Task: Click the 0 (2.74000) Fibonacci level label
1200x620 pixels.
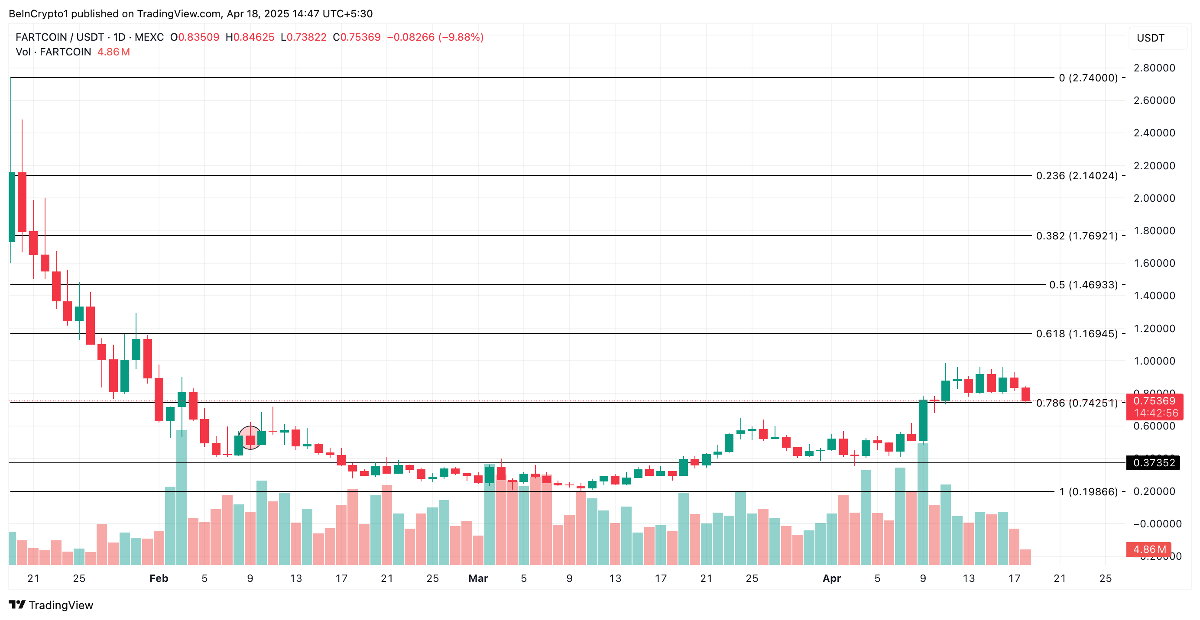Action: click(1088, 78)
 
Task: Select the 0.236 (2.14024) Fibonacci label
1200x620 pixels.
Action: click(1077, 175)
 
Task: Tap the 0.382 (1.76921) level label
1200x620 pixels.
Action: click(1077, 236)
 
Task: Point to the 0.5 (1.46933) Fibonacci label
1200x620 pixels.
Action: click(1083, 284)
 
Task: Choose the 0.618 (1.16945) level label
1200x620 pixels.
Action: click(1077, 333)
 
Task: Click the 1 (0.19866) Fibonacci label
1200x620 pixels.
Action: click(1088, 491)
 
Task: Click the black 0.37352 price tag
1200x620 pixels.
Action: click(1153, 463)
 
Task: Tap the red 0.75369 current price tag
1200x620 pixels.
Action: click(1155, 401)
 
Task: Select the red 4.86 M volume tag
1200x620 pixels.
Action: click(1149, 549)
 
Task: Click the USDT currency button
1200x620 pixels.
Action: click(1157, 38)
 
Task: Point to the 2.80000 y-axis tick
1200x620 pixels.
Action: click(1154, 68)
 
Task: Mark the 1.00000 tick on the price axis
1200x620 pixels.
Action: click(1154, 361)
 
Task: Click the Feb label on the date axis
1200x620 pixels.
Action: click(159, 578)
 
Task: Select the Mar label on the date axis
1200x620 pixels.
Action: click(478, 578)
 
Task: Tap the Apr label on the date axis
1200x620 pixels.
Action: click(831, 578)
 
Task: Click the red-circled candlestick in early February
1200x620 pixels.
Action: click(250, 439)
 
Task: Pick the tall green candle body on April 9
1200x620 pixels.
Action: click(923, 420)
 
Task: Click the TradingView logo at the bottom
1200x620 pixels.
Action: click(51, 605)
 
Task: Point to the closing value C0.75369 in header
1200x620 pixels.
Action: click(357, 37)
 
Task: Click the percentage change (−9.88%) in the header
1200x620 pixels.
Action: click(461, 37)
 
